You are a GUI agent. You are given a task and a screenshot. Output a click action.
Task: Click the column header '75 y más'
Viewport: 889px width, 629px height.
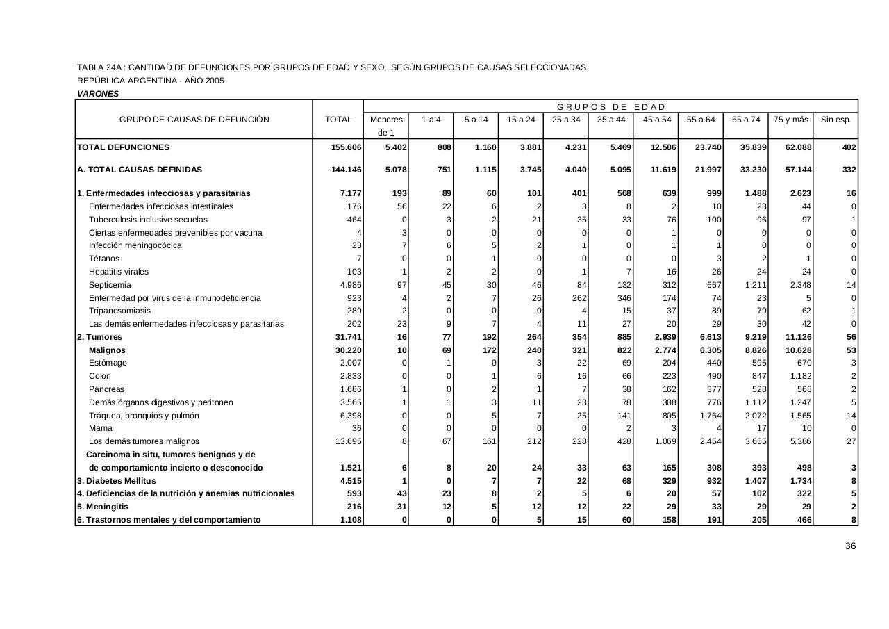pyautogui.click(x=791, y=120)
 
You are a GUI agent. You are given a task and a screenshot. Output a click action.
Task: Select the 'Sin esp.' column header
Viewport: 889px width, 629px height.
pyautogui.click(x=836, y=120)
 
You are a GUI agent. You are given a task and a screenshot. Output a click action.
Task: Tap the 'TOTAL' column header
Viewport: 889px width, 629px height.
pyautogui.click(x=338, y=120)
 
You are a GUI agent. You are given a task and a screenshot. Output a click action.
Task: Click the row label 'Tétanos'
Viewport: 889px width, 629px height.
pyautogui.click(x=104, y=259)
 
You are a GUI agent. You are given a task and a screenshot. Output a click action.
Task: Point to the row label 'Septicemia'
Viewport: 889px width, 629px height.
pyautogui.click(x=110, y=285)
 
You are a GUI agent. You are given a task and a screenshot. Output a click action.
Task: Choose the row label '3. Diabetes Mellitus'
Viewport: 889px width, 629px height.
pyautogui.click(x=116, y=481)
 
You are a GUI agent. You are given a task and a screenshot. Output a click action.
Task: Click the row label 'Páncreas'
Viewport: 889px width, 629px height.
pyautogui.click(x=107, y=389)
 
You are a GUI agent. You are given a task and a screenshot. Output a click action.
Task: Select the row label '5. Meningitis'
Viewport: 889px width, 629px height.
pyautogui.click(x=103, y=507)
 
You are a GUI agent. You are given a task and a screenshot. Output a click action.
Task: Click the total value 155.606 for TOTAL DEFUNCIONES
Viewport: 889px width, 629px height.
pyautogui.click(x=347, y=147)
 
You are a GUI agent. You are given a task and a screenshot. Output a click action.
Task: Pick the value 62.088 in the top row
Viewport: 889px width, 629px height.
pyautogui.click(x=797, y=147)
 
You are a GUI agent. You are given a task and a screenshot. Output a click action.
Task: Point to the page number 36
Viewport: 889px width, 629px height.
pyautogui.click(x=850, y=546)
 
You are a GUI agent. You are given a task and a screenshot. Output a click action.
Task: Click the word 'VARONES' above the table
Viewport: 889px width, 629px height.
pyautogui.click(x=98, y=94)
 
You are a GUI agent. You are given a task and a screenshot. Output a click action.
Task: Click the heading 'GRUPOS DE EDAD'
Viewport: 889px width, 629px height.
pyautogui.click(x=610, y=107)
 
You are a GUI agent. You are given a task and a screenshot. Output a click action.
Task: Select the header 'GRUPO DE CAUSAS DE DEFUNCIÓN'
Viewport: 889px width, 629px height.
pyautogui.click(x=194, y=120)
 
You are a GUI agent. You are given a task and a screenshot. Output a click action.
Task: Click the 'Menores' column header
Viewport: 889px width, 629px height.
pyautogui.click(x=386, y=120)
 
